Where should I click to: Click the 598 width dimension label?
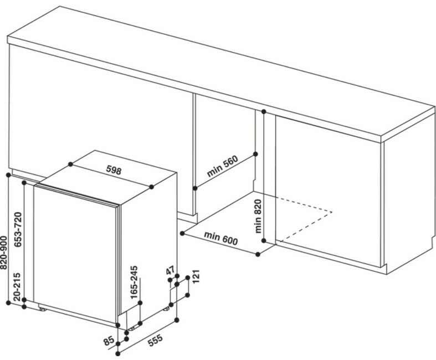[112, 170]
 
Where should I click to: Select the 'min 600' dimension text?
[220, 239]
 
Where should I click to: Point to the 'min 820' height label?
[258, 216]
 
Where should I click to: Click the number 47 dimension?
[170, 272]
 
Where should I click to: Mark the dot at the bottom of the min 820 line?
[264, 240]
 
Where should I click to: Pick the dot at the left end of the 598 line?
[71, 164]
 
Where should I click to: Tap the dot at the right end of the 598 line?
[154, 187]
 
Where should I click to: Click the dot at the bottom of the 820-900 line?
[8, 302]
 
